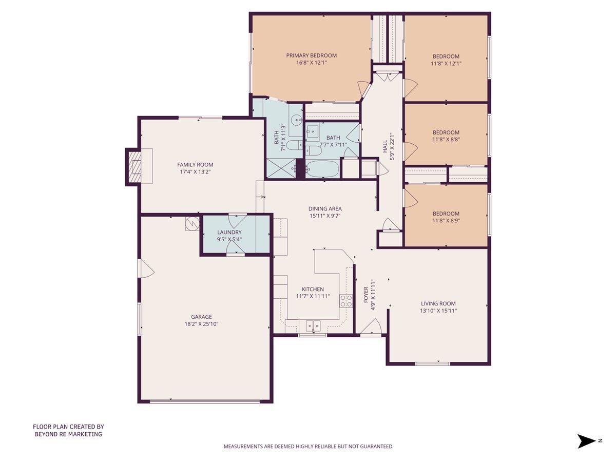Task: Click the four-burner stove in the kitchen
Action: (x=346, y=301)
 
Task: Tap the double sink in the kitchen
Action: (x=313, y=325)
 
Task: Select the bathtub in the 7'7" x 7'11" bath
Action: (x=322, y=169)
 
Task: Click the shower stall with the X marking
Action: (x=281, y=168)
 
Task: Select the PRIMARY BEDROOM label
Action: (x=311, y=55)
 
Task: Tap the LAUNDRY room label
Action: (x=229, y=232)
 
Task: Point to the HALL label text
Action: (x=384, y=147)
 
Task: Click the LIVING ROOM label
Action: (x=438, y=303)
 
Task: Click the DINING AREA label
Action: (x=325, y=208)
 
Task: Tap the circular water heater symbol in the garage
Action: (x=192, y=224)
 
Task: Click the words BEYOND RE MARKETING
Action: (x=68, y=434)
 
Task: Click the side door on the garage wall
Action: (x=145, y=268)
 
